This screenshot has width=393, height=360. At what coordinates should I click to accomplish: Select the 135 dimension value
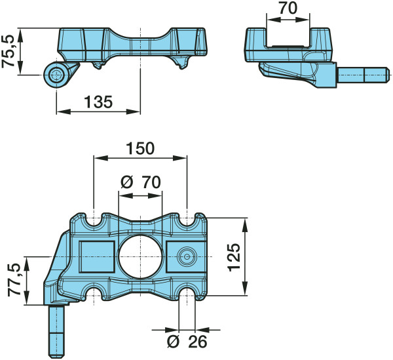(98, 102)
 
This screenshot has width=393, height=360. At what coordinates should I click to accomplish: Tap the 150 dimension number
(140, 148)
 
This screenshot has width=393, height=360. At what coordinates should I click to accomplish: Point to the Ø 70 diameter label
(140, 182)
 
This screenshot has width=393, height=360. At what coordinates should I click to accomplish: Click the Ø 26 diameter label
(187, 342)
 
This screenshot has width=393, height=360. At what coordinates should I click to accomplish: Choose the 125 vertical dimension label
(234, 257)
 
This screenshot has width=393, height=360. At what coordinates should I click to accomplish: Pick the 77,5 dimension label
(14, 280)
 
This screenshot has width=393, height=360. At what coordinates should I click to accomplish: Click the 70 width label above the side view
(288, 8)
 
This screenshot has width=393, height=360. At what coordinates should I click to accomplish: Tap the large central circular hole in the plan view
(140, 256)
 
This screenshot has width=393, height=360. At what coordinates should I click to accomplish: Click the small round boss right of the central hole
(187, 256)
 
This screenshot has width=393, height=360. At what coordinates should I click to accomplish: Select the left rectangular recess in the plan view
(97, 256)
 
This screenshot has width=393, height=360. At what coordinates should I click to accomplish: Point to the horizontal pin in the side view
(364, 75)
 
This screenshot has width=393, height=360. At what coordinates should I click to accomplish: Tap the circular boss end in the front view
(56, 75)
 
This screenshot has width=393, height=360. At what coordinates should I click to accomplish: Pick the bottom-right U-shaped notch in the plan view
(187, 292)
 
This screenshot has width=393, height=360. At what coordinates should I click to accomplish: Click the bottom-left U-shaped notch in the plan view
(94, 292)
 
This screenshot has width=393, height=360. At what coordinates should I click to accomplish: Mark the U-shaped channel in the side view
(288, 37)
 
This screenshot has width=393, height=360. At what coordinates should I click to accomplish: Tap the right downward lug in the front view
(181, 62)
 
